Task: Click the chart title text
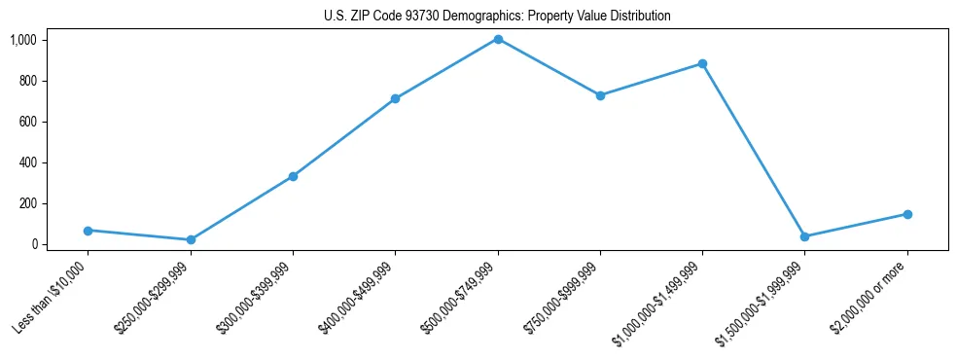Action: click(497, 17)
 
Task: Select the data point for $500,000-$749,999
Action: click(498, 39)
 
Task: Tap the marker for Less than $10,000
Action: click(89, 231)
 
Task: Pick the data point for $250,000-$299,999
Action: click(191, 239)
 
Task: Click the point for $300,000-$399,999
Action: click(293, 176)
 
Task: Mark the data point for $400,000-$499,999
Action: click(395, 98)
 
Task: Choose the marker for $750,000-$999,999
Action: click(600, 95)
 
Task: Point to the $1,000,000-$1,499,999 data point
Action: click(702, 63)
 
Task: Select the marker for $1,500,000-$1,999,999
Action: click(804, 236)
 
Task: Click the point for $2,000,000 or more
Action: click(907, 214)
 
